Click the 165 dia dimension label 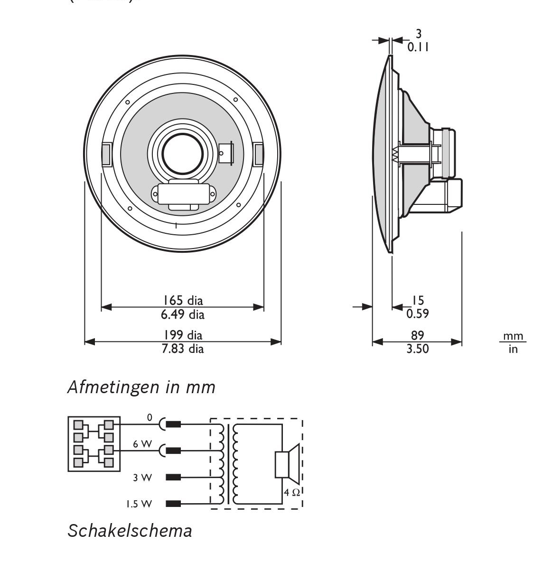coord(183,300)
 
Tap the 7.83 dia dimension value coord(183,349)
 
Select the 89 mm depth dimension coord(417,335)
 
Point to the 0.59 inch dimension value coord(418,313)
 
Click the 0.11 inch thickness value coord(418,47)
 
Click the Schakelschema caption coord(130,530)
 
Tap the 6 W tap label coord(142,444)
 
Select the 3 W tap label coord(142,478)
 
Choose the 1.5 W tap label coord(139,504)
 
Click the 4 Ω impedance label coord(292,492)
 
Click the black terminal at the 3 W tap coord(173,477)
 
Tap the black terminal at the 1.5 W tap coord(173,504)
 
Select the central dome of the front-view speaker coord(176,153)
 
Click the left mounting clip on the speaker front coord(106,154)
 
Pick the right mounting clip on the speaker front coord(259,154)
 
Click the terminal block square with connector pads coord(94,444)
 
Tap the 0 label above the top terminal coord(150,418)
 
